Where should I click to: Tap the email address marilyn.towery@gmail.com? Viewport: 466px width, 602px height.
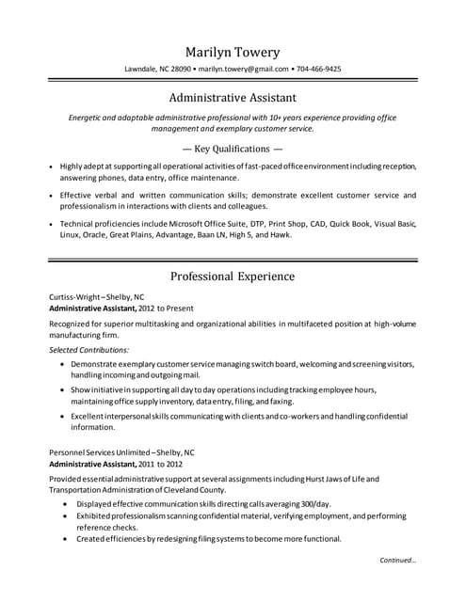[243, 70]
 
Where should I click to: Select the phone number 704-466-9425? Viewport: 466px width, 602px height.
[318, 70]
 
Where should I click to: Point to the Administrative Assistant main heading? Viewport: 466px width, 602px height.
[233, 97]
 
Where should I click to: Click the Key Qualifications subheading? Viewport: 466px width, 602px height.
[233, 149]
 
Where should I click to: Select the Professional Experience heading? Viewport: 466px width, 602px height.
[233, 277]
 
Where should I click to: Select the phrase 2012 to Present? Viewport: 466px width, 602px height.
[164, 308]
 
